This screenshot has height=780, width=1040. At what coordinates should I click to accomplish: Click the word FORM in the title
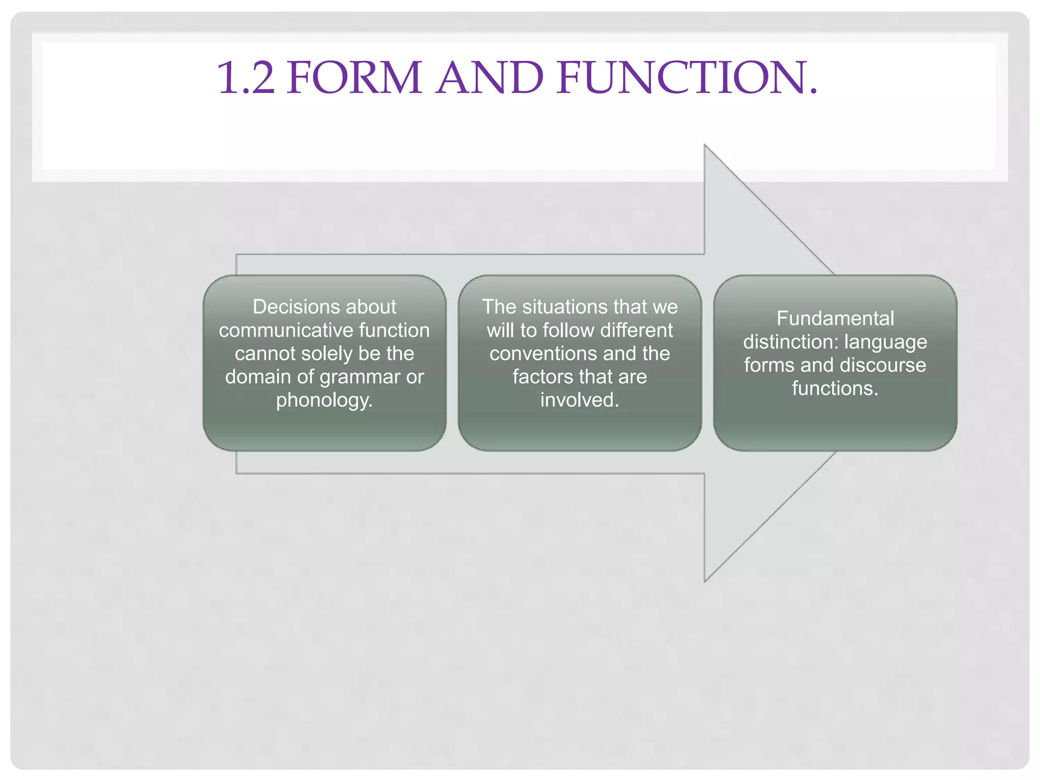pos(354,78)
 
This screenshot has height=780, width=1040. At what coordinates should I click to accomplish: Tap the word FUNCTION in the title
pos(687,78)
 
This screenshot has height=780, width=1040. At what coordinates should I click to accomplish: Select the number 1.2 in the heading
pos(246,78)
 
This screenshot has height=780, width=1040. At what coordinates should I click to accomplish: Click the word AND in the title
pos(490,78)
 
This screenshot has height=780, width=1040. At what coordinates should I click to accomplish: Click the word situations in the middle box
pos(565,307)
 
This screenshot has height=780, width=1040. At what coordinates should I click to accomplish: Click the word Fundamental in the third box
pos(835,318)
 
